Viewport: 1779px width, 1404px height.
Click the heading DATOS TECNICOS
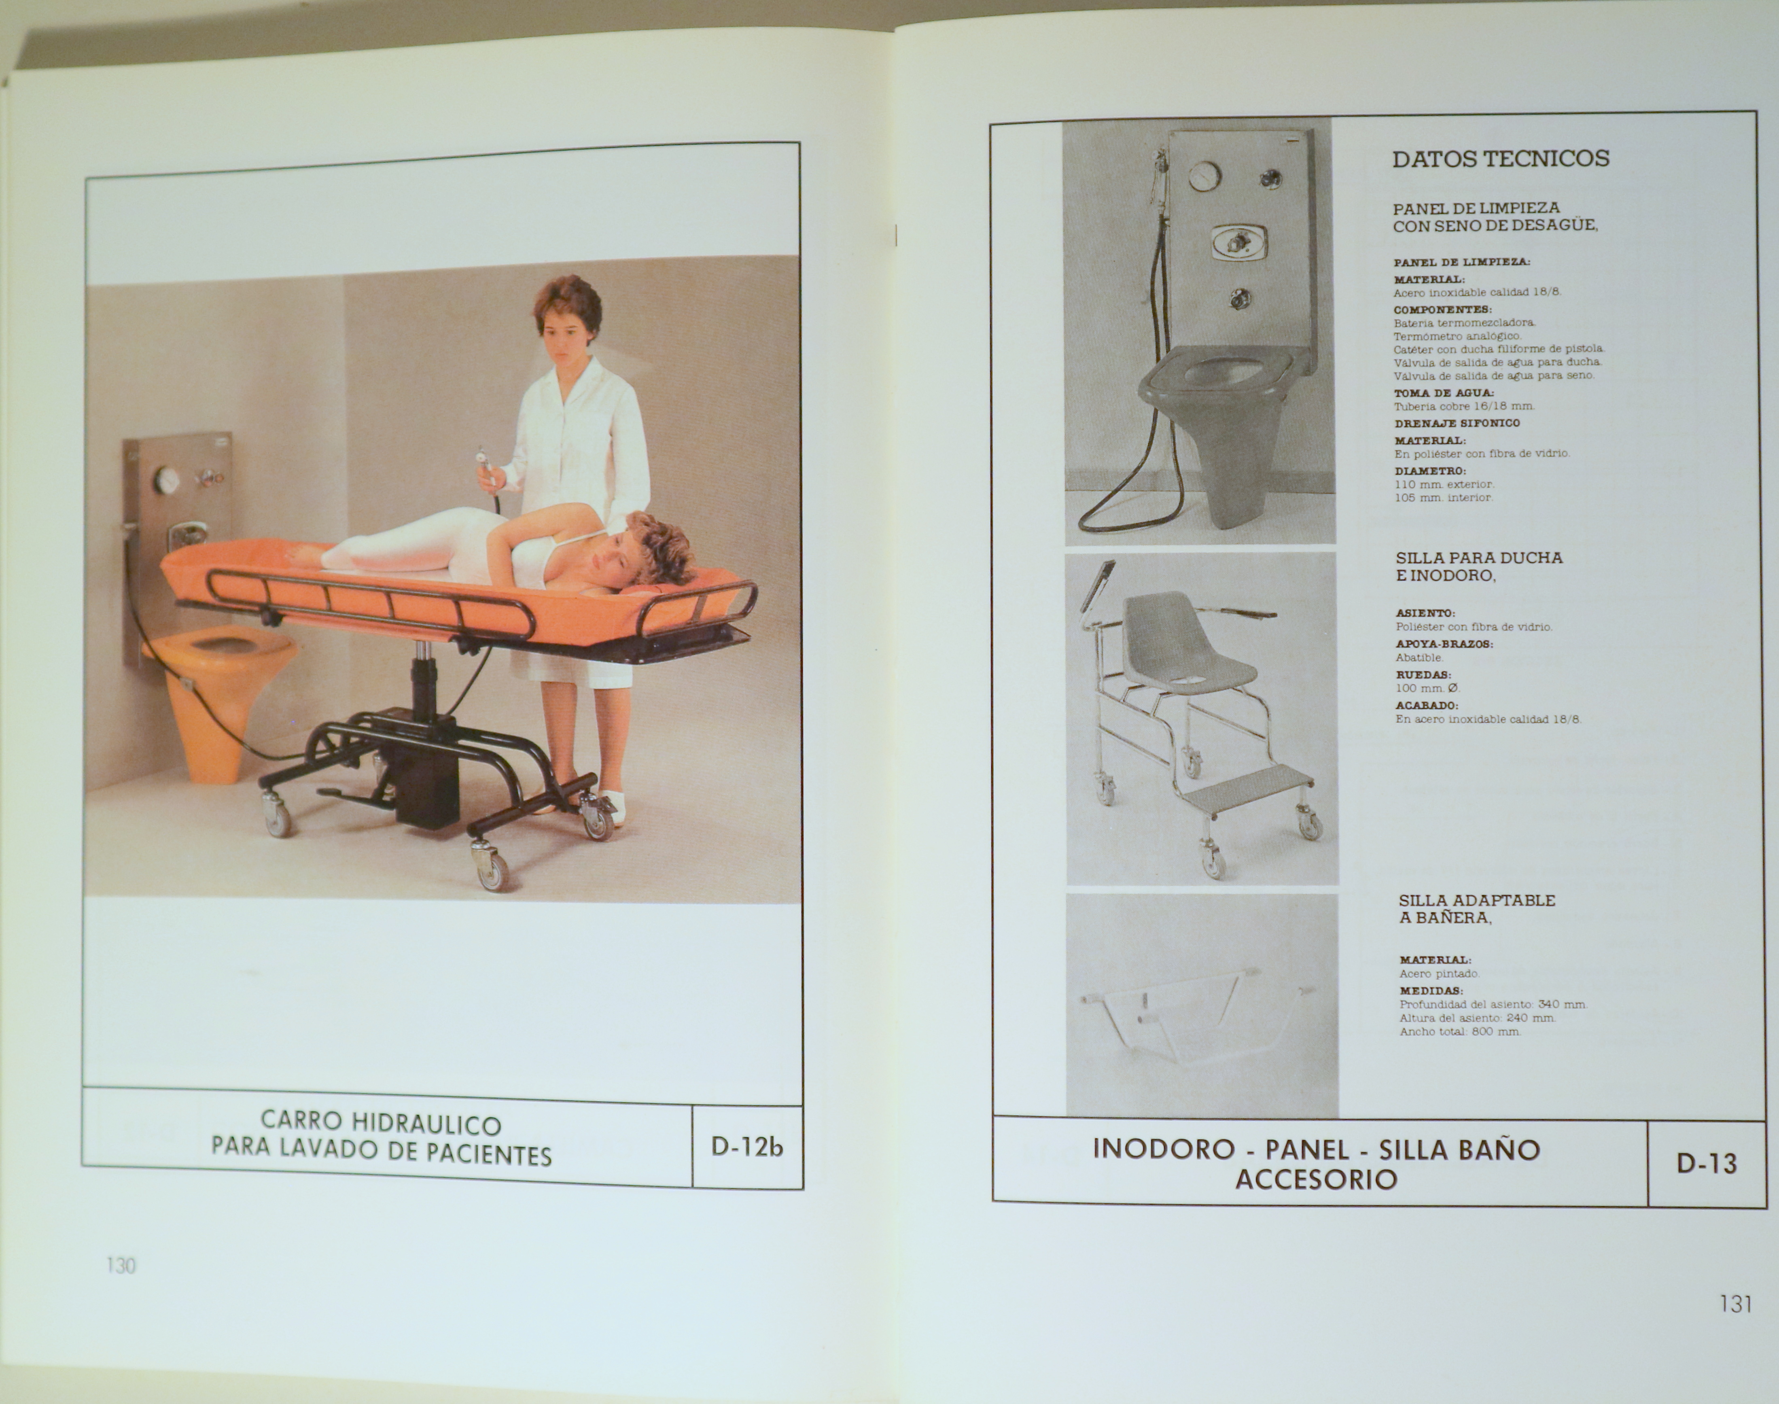coord(1500,159)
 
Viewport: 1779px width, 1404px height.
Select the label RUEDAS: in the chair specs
coord(1423,675)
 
